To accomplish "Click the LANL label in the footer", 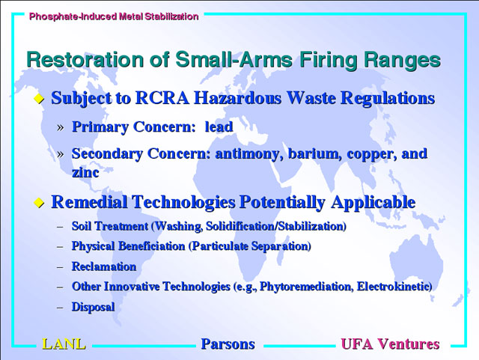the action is pyautogui.click(x=64, y=344).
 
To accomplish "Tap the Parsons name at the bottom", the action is pyautogui.click(x=228, y=344).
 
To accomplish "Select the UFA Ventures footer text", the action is pyautogui.click(x=390, y=344).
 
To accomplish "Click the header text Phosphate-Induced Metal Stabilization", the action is pyautogui.click(x=114, y=16).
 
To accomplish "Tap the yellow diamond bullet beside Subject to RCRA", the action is pyautogui.click(x=39, y=99).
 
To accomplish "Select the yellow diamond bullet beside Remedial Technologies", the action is pyautogui.click(x=39, y=202).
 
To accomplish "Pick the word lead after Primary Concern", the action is pyautogui.click(x=219, y=126).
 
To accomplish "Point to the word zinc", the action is pyautogui.click(x=85, y=173).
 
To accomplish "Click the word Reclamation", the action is pyautogui.click(x=104, y=266).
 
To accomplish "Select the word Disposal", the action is pyautogui.click(x=93, y=307).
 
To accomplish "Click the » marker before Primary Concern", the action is pyautogui.click(x=61, y=127).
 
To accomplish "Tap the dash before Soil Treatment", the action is pyautogui.click(x=60, y=227).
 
